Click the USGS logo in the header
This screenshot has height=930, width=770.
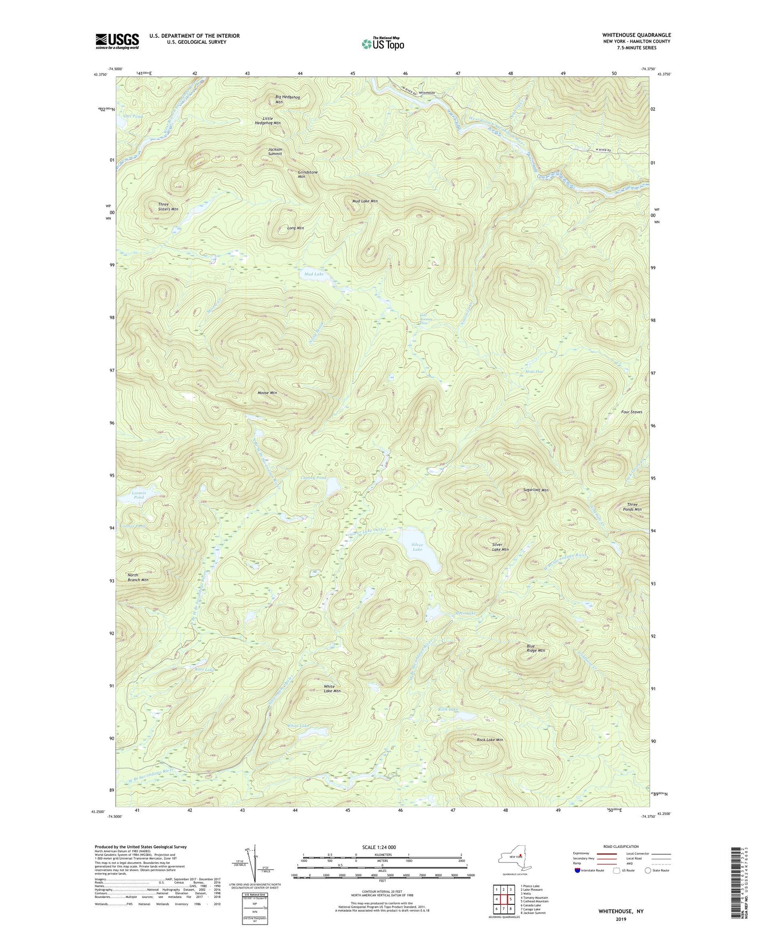point(117,41)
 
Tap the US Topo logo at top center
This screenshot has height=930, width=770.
point(383,44)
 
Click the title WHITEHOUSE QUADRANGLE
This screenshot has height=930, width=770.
point(636,35)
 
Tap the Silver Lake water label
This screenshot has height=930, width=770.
point(417,547)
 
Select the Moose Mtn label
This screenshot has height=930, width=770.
point(267,393)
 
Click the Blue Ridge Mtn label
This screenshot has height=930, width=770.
point(536,648)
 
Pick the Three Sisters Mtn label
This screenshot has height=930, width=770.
point(168,207)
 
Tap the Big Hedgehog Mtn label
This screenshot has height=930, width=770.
point(287,99)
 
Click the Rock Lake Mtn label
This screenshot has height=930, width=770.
point(489,740)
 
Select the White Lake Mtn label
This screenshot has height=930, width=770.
point(332,689)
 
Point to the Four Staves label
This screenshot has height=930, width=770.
point(631,412)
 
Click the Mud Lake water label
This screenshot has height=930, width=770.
point(314,274)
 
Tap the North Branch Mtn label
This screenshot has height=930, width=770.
point(137,577)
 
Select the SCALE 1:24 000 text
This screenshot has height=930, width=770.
point(382,847)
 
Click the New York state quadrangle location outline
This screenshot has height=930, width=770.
point(514,858)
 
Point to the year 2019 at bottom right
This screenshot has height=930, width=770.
point(621,919)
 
